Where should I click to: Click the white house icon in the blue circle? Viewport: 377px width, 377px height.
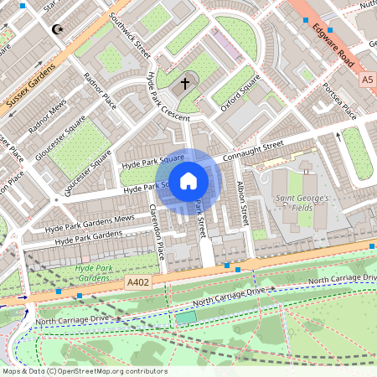pos(188,180)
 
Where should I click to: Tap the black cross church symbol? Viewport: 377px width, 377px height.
pos(185,84)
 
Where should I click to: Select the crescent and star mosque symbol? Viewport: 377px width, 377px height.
pos(58,30)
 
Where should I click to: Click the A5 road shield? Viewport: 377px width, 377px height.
pos(368,80)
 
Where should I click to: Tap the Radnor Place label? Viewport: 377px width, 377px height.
pos(99,90)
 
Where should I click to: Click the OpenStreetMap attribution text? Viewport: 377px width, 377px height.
pos(84,371)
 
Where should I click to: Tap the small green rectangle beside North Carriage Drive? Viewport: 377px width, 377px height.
pos(185,317)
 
